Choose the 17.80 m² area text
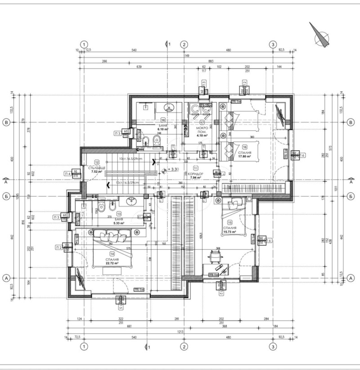pos(245,157)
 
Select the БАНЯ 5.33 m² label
pos(119,221)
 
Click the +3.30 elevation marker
pos(172,170)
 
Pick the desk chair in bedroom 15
pos(215,256)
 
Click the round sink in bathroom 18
pos(170,108)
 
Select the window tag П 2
pos(59,247)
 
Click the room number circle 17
pos(202,122)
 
